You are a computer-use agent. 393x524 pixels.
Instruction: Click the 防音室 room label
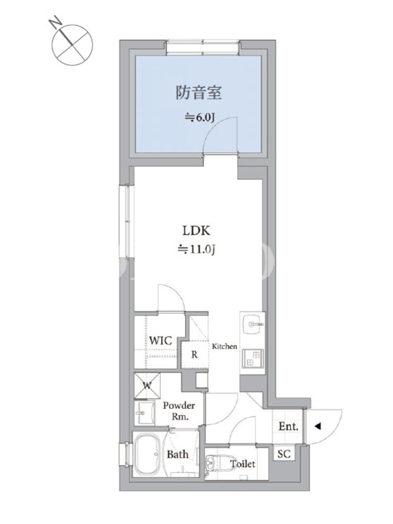[x=199, y=92]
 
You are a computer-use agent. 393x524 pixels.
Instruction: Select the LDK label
[x=196, y=231]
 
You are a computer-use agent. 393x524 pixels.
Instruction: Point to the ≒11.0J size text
[x=196, y=250]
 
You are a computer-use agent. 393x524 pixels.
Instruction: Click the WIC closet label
[x=160, y=341]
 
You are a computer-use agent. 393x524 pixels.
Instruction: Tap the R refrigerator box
[x=195, y=354]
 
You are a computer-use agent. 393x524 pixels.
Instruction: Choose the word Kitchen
[x=225, y=346]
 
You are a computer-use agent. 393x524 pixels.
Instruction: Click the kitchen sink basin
[x=253, y=324]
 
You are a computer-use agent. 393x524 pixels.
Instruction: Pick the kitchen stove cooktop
[x=253, y=358]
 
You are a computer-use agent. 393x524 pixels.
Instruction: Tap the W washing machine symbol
[x=147, y=386]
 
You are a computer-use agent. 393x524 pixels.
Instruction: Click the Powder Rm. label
[x=179, y=411]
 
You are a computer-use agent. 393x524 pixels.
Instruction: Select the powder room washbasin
[x=144, y=413]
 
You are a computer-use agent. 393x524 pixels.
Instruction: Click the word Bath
[x=178, y=454]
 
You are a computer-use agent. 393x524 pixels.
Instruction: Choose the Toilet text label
[x=242, y=464]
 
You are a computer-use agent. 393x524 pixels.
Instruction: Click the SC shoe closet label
[x=284, y=454]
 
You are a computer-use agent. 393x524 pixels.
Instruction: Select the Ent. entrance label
[x=288, y=426]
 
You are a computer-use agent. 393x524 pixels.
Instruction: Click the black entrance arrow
[x=318, y=426]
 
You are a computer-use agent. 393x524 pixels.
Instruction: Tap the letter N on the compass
[x=56, y=23]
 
